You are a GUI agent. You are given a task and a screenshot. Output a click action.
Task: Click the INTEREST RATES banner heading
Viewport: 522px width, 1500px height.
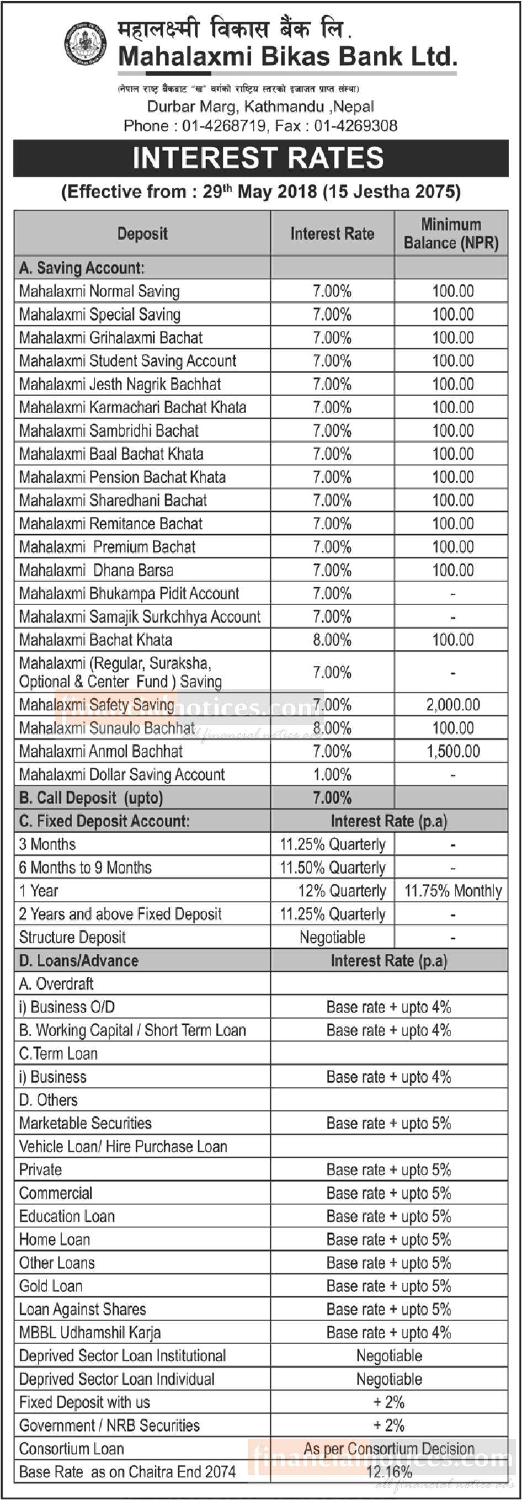click(x=258, y=158)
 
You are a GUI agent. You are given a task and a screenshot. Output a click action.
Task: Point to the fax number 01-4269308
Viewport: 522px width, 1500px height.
click(x=355, y=126)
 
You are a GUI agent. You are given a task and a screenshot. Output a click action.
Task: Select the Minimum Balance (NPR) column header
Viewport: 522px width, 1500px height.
click(x=450, y=233)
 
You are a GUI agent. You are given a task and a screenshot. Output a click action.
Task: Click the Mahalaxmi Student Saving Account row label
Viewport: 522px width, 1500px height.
click(x=127, y=361)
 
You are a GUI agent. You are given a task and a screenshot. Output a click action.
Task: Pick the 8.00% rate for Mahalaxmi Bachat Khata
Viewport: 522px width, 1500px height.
click(x=332, y=640)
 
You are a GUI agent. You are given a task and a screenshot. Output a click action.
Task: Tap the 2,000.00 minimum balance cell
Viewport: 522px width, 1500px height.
click(x=452, y=705)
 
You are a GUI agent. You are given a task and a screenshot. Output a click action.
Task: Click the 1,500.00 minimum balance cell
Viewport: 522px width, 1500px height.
click(x=452, y=751)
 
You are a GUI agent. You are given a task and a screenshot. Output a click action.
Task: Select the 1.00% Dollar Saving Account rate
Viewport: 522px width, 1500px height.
click(x=332, y=774)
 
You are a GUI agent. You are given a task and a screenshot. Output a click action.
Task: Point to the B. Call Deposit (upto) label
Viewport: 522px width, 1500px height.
click(x=91, y=798)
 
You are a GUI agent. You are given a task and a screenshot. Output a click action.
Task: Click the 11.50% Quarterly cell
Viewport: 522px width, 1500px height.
click(x=332, y=868)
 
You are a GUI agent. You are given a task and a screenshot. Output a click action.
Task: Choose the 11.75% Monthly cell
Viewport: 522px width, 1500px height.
click(x=452, y=891)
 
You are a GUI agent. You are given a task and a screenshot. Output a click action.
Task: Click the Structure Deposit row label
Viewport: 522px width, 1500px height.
click(x=72, y=938)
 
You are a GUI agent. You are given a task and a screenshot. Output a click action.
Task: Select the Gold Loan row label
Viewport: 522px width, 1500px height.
click(x=51, y=1286)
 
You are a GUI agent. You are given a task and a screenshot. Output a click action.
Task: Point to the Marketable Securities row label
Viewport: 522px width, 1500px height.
click(x=85, y=1123)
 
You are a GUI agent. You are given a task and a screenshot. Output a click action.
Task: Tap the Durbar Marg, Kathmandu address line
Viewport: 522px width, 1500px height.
click(x=260, y=107)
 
